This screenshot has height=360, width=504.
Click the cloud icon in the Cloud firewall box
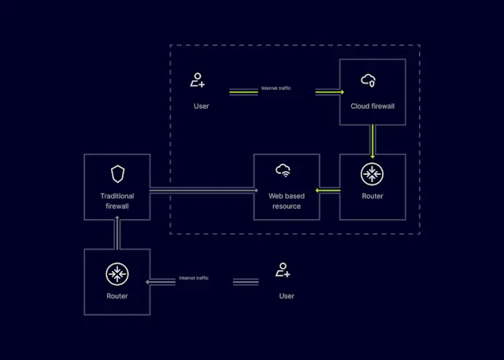369,80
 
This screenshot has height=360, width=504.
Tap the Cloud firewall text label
372,106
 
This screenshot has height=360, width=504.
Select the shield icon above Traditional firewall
117,173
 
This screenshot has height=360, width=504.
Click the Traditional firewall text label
117,201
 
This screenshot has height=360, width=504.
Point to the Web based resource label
287,201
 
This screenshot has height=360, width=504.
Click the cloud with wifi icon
283,170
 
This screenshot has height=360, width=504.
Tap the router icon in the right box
372,174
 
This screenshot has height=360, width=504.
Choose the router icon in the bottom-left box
117,273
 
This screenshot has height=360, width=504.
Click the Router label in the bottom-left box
117,296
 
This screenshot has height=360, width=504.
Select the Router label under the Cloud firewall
372,196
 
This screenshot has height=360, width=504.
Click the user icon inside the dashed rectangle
198,80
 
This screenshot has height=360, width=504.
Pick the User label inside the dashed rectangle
202,106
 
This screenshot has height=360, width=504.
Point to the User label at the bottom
287,296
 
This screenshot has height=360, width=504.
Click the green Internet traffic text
276,88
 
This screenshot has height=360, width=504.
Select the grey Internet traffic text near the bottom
193,278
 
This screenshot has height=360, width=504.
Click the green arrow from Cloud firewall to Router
372,139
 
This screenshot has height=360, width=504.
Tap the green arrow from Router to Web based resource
328,190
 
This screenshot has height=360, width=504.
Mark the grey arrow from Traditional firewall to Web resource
202,190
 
